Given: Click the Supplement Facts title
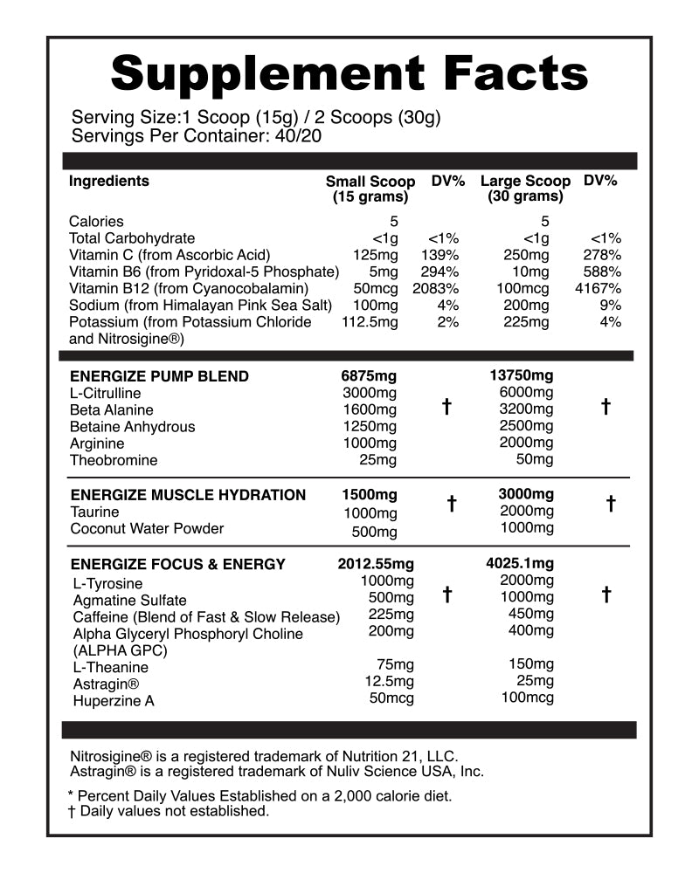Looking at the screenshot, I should pos(349,73).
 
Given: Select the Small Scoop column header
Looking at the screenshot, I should pos(370,189).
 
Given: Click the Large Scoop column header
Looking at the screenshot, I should pos(525,189).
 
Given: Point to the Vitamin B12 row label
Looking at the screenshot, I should pos(189,288).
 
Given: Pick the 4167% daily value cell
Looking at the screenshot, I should pos(599,288).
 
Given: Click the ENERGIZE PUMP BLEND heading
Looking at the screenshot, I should pos(159,376).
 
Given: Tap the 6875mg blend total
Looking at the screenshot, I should pos(369,376).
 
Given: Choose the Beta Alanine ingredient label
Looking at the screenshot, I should pos(111,410).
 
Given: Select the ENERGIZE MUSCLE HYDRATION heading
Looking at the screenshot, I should pos(188,495).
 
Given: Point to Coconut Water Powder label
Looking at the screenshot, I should pos(147,528).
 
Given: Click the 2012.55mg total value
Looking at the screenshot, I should pos(376,564).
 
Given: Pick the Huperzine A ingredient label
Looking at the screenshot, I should pos(114,701).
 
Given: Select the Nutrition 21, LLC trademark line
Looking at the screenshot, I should pos(263,756).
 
